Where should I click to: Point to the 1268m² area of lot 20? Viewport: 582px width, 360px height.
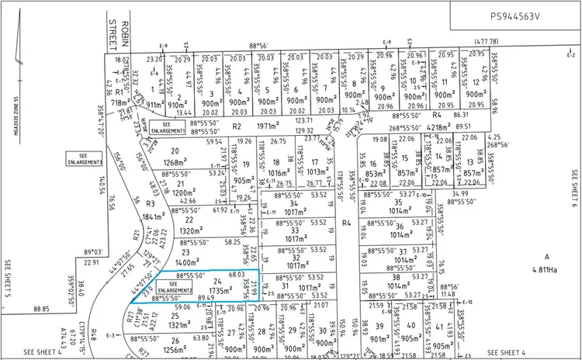[x=179, y=162]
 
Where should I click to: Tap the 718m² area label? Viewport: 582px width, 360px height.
[x=120, y=102]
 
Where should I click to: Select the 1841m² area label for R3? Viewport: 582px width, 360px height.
[x=155, y=217]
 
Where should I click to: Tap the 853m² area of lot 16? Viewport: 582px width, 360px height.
[x=376, y=174]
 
